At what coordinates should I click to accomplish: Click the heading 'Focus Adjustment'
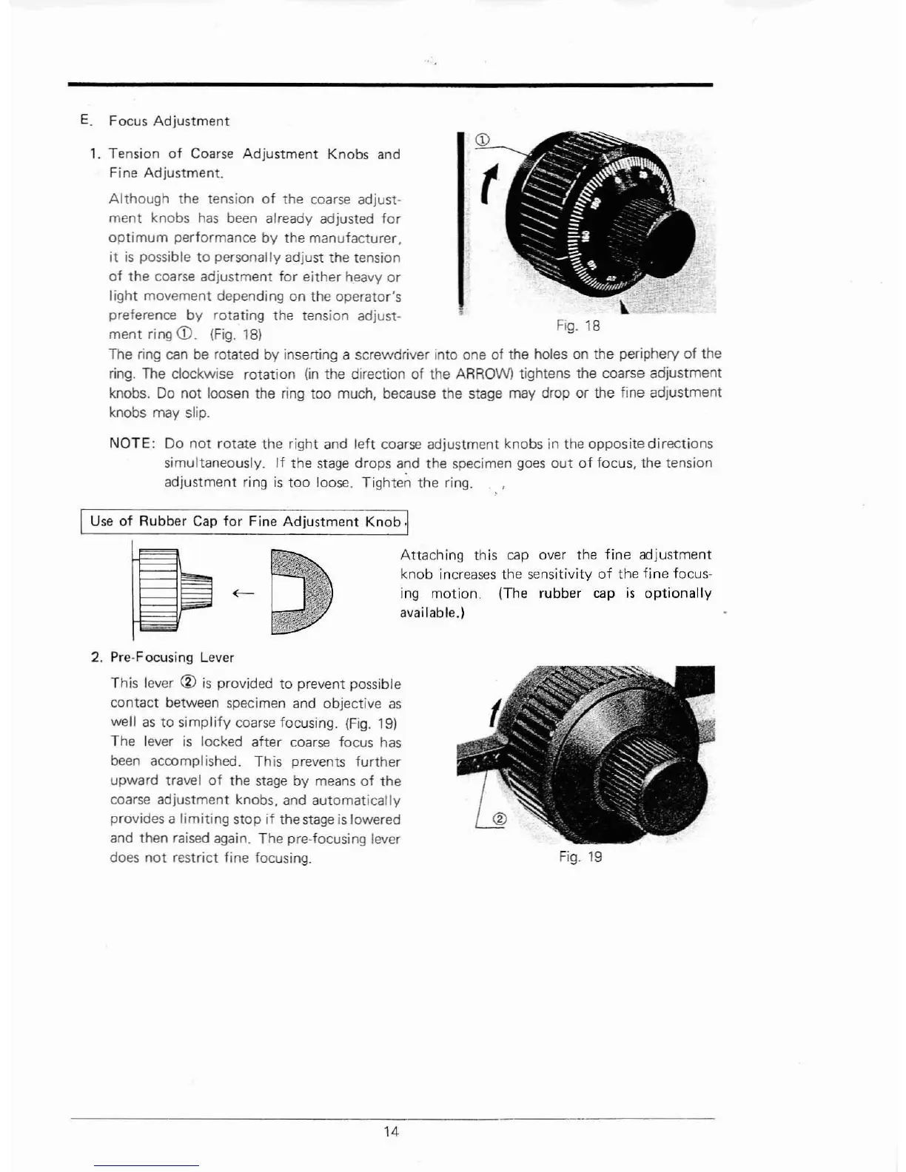pos(169,121)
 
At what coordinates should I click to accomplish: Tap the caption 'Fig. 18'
pos(577,326)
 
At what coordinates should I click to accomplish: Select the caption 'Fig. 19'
pos(580,857)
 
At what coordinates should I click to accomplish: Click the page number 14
pos(392,1131)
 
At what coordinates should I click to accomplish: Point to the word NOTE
pos(131,444)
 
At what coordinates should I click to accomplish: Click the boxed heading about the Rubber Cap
pos(245,522)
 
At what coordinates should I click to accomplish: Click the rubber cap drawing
pos(302,591)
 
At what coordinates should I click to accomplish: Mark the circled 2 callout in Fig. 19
pos(498,819)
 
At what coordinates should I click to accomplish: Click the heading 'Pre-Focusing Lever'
pos(172,657)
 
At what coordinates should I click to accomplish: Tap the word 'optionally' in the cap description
pos(678,593)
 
